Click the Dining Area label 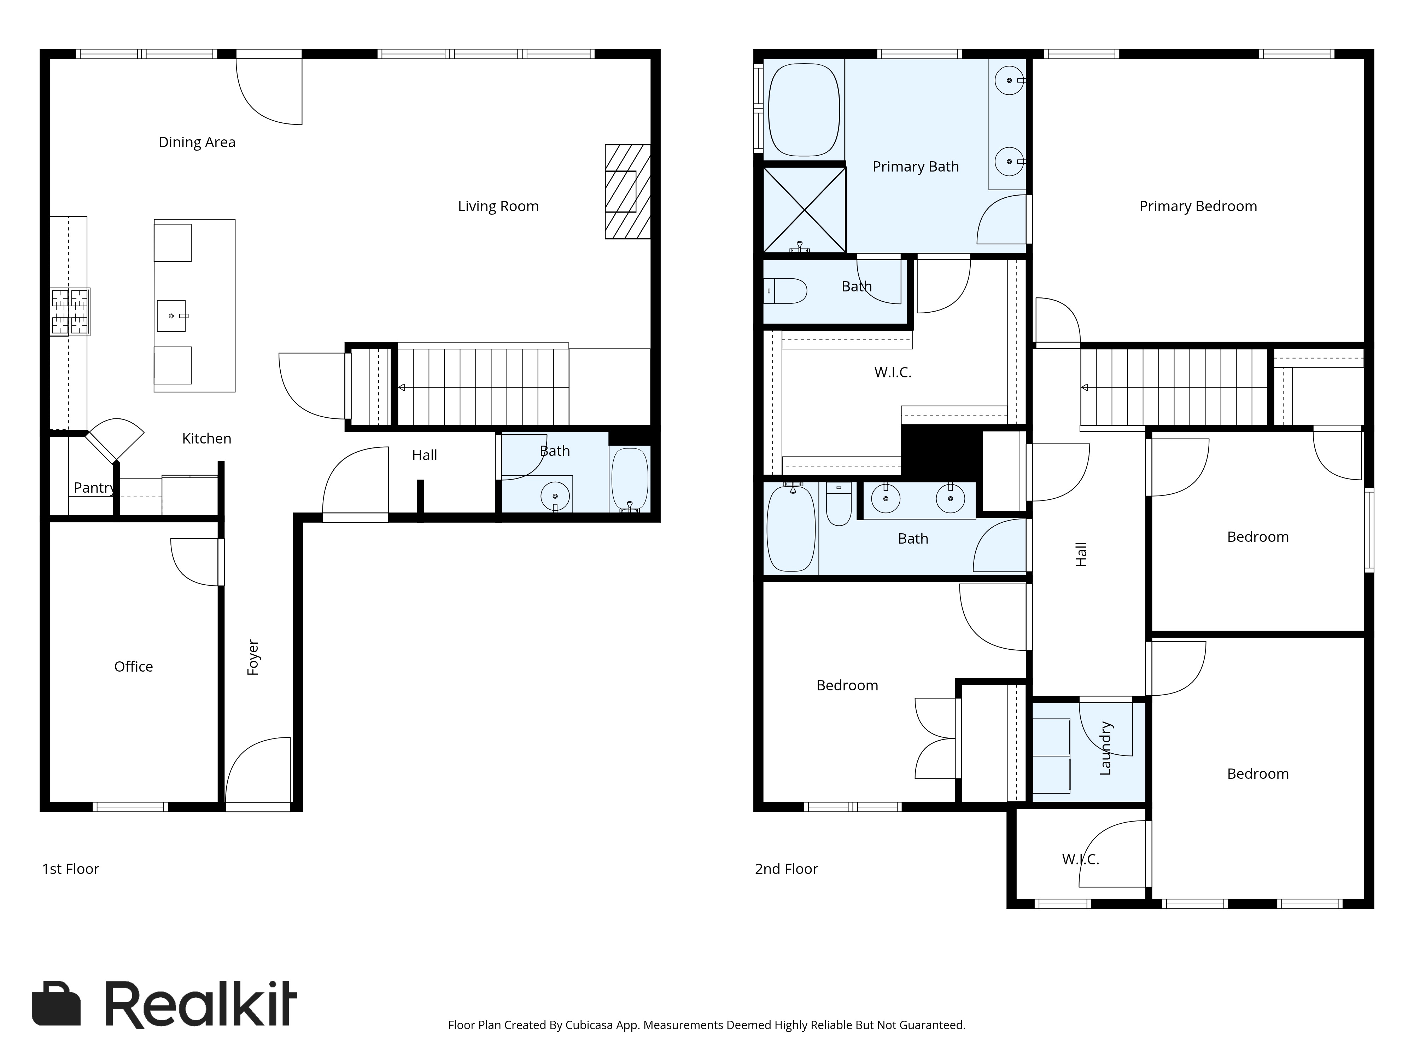tap(197, 142)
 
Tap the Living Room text tap(498, 206)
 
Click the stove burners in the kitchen tap(70, 312)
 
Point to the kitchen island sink tap(171, 316)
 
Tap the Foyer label tap(253, 657)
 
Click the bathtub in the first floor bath tap(630, 479)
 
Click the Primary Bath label tap(916, 166)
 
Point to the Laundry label tap(1105, 748)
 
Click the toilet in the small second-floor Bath tap(786, 291)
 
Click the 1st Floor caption tap(70, 869)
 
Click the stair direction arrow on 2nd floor tap(1085, 388)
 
